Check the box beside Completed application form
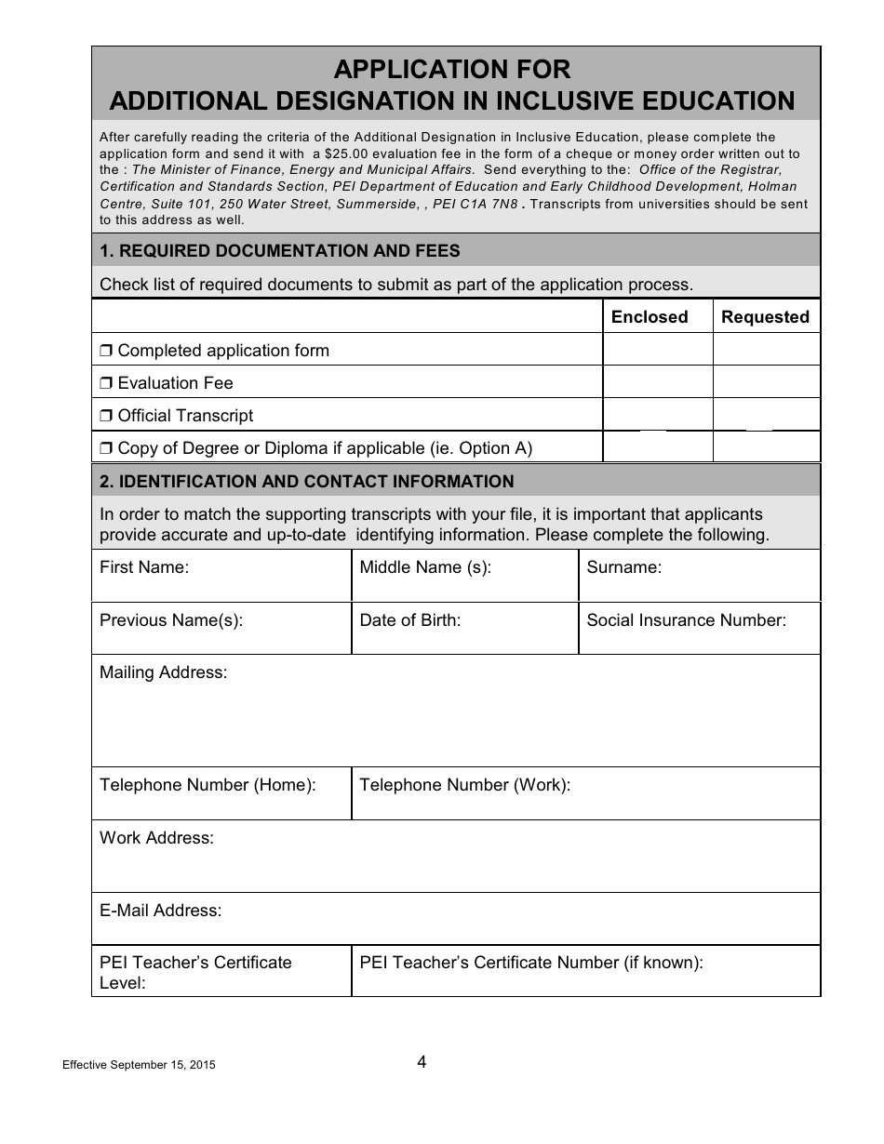pyautogui.click(x=106, y=351)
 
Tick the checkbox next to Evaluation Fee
pyautogui.click(x=106, y=383)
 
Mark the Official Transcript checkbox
pyautogui.click(x=106, y=416)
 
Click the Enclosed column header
pyautogui.click(x=650, y=317)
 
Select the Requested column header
pyautogui.click(x=765, y=317)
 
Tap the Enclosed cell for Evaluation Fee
pyautogui.click(x=658, y=382)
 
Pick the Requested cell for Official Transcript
pyautogui.click(x=767, y=415)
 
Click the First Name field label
pyautogui.click(x=144, y=567)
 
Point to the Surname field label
pyautogui.click(x=623, y=567)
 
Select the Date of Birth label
pyautogui.click(x=410, y=620)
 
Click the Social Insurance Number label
pyautogui.click(x=687, y=620)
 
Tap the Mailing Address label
pyautogui.click(x=163, y=672)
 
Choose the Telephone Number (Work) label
pyautogui.click(x=464, y=785)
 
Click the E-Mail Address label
pyautogui.click(x=160, y=911)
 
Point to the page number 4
pyautogui.click(x=422, y=1062)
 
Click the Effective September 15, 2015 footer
pyautogui.click(x=139, y=1066)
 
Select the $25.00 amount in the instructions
pyautogui.click(x=345, y=153)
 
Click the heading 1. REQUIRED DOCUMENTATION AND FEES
pyautogui.click(x=279, y=251)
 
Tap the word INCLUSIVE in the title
pyautogui.click(x=596, y=100)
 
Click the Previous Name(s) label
pyautogui.click(x=171, y=620)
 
